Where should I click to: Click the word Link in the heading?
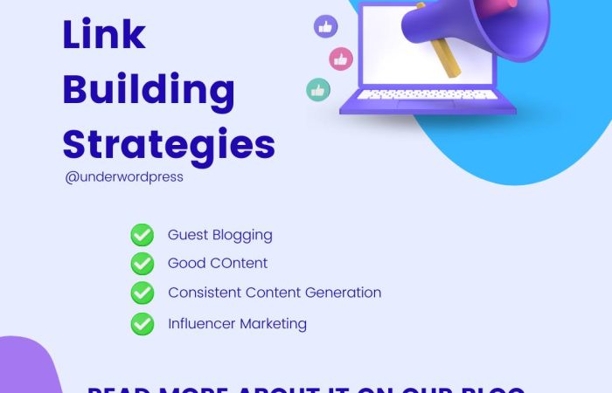tap(104, 35)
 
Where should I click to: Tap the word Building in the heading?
tap(149, 91)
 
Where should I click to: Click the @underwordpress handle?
tap(124, 176)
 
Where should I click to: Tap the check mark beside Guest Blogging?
tap(142, 235)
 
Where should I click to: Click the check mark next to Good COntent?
tap(142, 264)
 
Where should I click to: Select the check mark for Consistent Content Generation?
tap(142, 293)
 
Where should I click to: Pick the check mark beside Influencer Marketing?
tap(142, 324)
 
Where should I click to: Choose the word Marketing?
tap(274, 325)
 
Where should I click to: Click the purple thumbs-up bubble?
tap(325, 26)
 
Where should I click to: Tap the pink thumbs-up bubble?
tap(341, 59)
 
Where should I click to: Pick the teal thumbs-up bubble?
tap(318, 90)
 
